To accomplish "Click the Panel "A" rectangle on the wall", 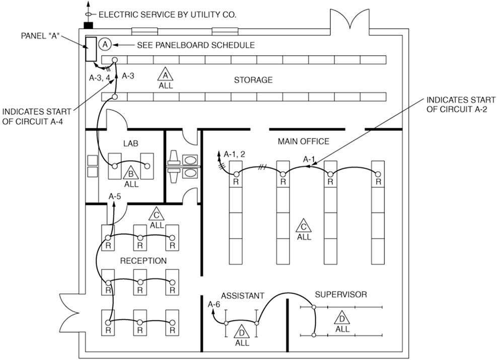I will coord(91,49).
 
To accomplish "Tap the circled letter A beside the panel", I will coord(105,44).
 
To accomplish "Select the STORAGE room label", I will coord(253,80).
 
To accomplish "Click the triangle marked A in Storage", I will coord(165,76).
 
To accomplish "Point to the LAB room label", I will coord(131,143).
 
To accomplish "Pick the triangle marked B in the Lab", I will coord(131,174).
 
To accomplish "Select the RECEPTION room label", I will coord(143,261).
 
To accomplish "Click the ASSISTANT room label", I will coord(242,296).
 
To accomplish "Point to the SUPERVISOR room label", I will coord(340,294).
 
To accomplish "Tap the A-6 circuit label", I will coord(214,304).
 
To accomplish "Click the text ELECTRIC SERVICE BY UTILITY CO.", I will coord(167,15).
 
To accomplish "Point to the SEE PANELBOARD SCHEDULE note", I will coord(195,45).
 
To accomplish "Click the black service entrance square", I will coord(89,25).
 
